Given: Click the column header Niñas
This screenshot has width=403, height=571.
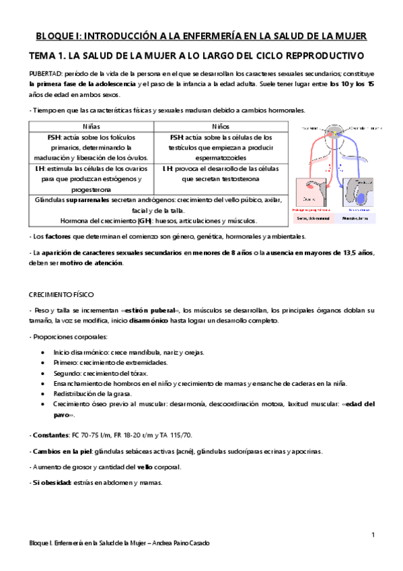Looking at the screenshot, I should pos(91,125).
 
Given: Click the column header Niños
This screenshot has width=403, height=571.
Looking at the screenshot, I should pos(215,125).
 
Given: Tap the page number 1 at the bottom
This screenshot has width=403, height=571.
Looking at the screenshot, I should pos(373,534).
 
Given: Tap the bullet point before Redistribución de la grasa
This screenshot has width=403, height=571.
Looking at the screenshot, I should pos(44,393).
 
